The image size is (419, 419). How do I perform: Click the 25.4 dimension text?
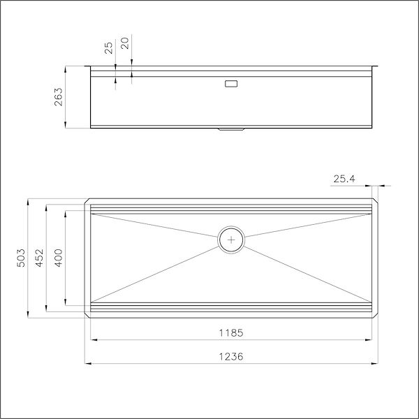pyautogui.click(x=344, y=179)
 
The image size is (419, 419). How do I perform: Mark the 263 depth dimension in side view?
pyautogui.click(x=59, y=97)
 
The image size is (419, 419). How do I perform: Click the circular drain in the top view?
pyautogui.click(x=231, y=239)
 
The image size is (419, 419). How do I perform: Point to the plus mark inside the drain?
pyautogui.click(x=231, y=239)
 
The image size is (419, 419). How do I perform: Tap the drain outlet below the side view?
pyautogui.click(x=231, y=129)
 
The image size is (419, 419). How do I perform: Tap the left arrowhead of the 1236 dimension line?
pyautogui.click(x=87, y=364)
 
